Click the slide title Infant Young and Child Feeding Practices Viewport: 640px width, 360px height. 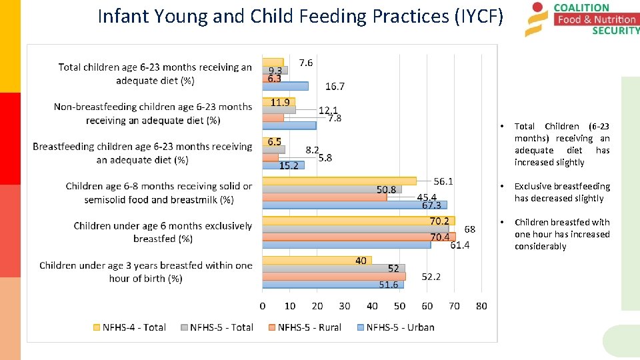300,16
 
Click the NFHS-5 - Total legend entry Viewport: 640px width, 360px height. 217,327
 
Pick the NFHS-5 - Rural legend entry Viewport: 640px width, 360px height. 305,327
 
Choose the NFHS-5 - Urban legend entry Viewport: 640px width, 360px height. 395,327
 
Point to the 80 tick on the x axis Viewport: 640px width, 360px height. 481,306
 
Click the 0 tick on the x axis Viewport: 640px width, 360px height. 263,306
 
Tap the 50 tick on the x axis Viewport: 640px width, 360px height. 399,306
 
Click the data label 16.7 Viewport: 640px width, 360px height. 335,86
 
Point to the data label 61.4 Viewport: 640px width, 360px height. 460,245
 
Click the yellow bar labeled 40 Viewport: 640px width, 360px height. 317,260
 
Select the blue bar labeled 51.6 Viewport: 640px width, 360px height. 333,284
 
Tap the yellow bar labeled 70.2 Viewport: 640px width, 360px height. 358,221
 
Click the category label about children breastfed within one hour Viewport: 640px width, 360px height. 145,272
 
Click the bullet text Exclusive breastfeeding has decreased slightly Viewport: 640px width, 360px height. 561,192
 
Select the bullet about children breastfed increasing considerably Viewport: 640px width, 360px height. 561,234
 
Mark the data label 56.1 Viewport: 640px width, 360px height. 443,181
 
